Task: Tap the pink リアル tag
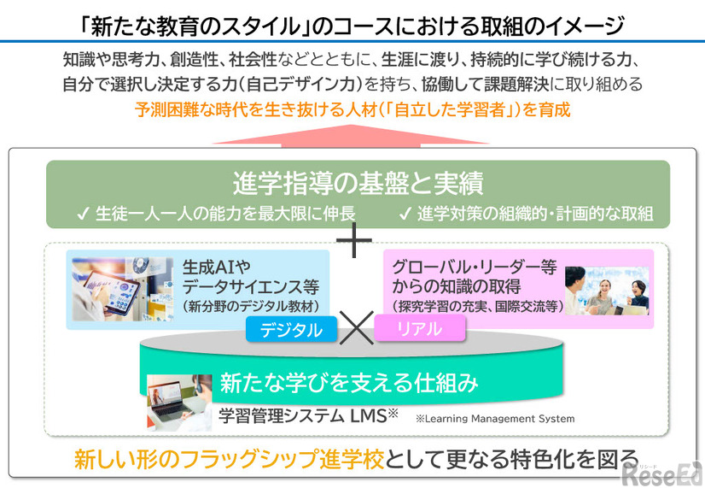pyautogui.click(x=419, y=329)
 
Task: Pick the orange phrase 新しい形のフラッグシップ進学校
pyautogui.click(x=229, y=459)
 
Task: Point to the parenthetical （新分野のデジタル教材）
pyautogui.click(x=250, y=306)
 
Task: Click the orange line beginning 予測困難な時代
pyautogui.click(x=352, y=109)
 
